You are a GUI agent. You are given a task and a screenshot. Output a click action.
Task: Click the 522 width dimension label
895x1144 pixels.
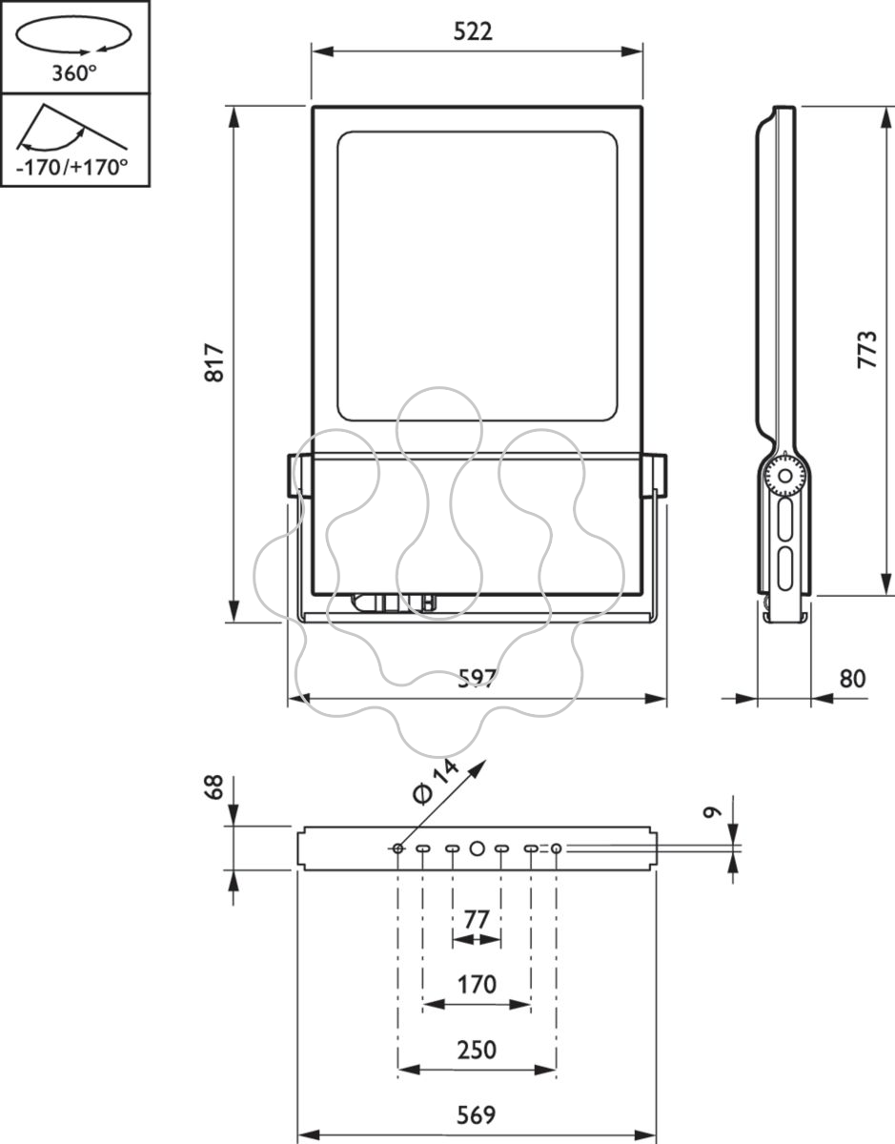473,32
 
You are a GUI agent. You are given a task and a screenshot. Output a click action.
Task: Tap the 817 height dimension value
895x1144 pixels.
214,362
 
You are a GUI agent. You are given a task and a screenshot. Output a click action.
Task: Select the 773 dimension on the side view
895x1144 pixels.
867,350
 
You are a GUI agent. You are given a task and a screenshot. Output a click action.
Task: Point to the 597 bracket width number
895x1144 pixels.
477,678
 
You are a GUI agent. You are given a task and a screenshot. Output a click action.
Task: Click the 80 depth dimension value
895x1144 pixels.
852,679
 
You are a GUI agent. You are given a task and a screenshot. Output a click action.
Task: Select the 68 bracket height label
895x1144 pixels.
214,787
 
